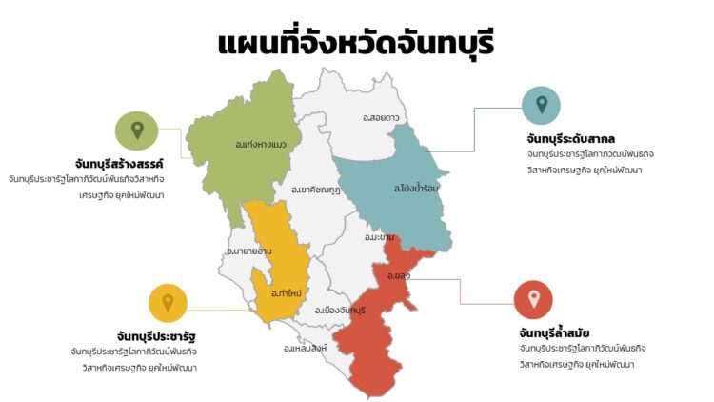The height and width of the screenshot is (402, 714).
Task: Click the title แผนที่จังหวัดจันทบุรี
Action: pos(357,43)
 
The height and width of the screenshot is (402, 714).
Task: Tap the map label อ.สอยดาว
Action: pos(381,117)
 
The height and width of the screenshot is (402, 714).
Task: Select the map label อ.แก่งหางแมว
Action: pos(260,145)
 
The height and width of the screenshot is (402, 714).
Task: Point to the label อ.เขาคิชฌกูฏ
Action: pos(316,190)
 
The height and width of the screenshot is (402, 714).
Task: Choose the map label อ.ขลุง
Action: pos(398,275)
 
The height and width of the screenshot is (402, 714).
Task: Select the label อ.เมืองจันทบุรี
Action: pos(340,311)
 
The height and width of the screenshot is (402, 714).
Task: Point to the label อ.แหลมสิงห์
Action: pos(306,348)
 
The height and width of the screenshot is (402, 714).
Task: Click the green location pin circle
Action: pos(137,131)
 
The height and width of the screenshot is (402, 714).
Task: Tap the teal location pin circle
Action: pos(542,105)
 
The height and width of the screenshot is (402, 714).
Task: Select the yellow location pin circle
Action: pos(168,302)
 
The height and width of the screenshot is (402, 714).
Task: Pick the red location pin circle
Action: pos(533,300)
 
